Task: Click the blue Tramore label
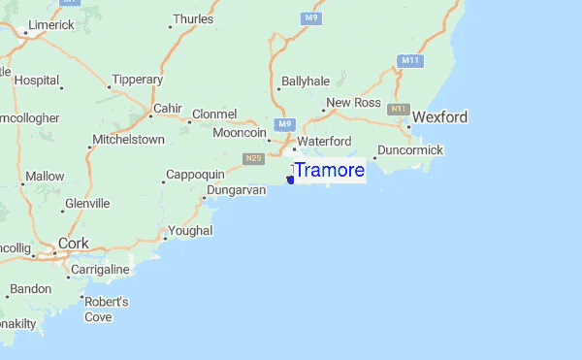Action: click(329, 171)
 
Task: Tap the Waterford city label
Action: click(324, 142)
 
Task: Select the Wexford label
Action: click(439, 117)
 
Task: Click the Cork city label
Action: click(73, 244)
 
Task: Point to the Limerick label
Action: click(49, 24)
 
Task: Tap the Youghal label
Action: click(189, 232)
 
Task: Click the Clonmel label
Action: click(214, 114)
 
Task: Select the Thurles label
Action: click(192, 18)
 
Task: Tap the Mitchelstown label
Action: click(128, 140)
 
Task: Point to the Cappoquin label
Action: click(196, 174)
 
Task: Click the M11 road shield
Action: click(410, 61)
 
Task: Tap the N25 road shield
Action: click(254, 158)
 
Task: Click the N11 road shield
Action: click(398, 109)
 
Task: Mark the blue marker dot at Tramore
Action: click(291, 180)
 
